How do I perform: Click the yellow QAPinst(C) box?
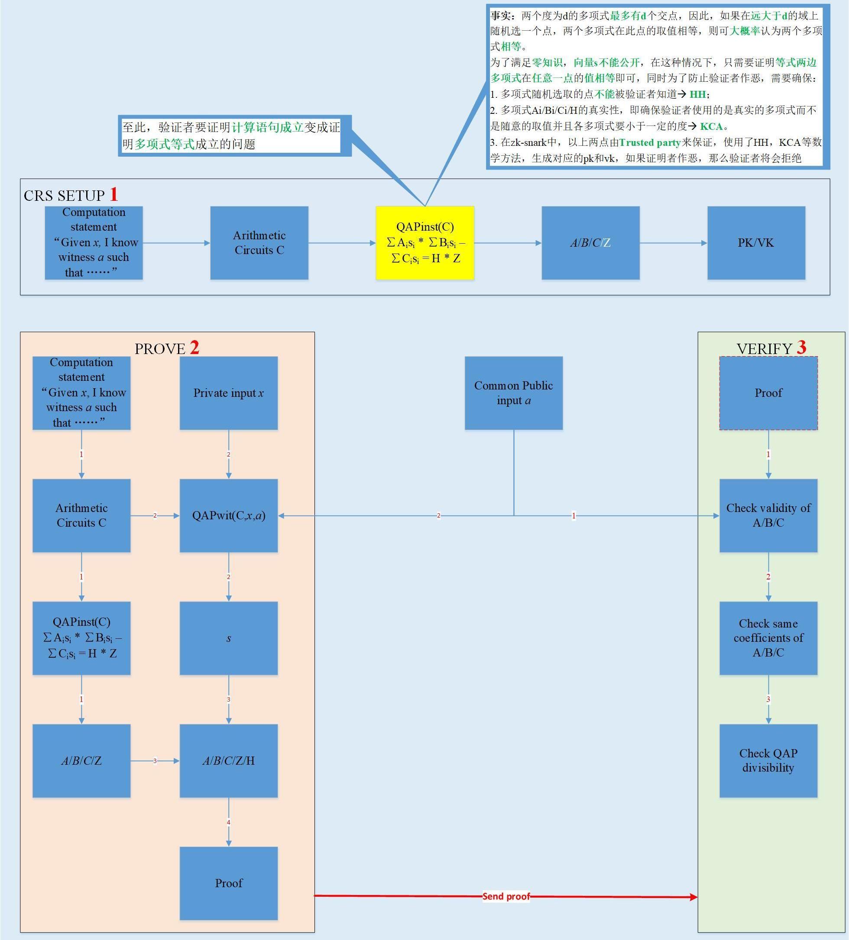(x=425, y=243)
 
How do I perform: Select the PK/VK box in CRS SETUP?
(x=756, y=243)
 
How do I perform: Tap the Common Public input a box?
(x=514, y=393)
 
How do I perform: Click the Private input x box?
(x=229, y=393)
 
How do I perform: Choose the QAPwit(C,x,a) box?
(x=229, y=515)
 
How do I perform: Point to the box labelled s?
(x=229, y=638)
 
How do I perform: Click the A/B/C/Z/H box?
(x=229, y=760)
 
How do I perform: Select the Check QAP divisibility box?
(x=768, y=760)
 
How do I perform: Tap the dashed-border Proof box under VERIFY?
(x=768, y=393)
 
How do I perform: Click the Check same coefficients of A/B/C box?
(x=768, y=638)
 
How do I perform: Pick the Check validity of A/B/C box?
(x=768, y=515)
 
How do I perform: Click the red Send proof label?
(x=506, y=896)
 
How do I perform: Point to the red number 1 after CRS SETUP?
(x=114, y=194)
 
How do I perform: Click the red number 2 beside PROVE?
(x=194, y=348)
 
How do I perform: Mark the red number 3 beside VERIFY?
(x=801, y=348)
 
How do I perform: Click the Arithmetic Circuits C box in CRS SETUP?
(x=259, y=243)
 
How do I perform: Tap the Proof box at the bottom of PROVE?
(x=229, y=883)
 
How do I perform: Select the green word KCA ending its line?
(x=711, y=126)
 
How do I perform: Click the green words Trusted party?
(x=650, y=143)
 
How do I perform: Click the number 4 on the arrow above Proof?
(x=229, y=822)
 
